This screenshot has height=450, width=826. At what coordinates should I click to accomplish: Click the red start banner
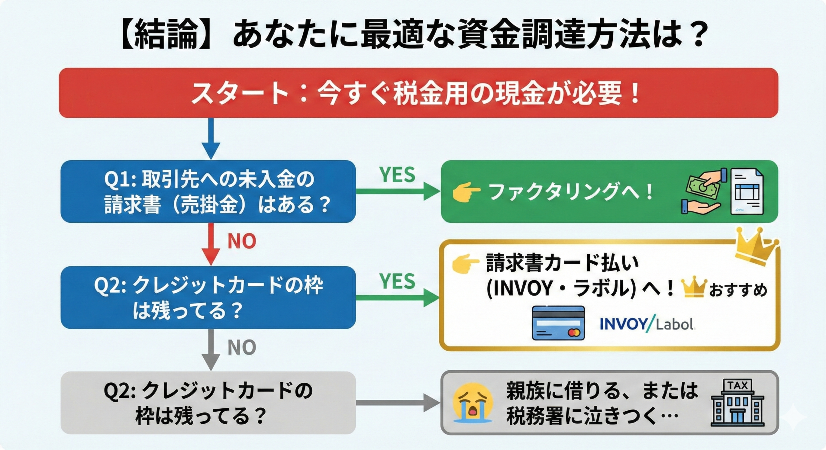(418, 93)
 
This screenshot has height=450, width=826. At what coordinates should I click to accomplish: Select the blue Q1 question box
(208, 191)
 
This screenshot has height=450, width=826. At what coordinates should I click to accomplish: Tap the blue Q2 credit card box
(208, 297)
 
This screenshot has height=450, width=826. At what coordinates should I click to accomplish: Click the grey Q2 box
(208, 403)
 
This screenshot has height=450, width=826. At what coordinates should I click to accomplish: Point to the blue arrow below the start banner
(211, 139)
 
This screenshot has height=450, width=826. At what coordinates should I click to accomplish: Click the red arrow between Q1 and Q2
(211, 245)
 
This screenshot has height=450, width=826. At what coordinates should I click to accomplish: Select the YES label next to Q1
(397, 175)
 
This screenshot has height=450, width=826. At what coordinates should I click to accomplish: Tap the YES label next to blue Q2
(397, 281)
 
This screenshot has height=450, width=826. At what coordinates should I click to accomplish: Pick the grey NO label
(242, 347)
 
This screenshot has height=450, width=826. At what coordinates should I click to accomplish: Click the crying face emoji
(473, 403)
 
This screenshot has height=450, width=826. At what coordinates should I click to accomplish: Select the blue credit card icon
(558, 323)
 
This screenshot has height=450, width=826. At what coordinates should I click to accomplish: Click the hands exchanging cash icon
(703, 191)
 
